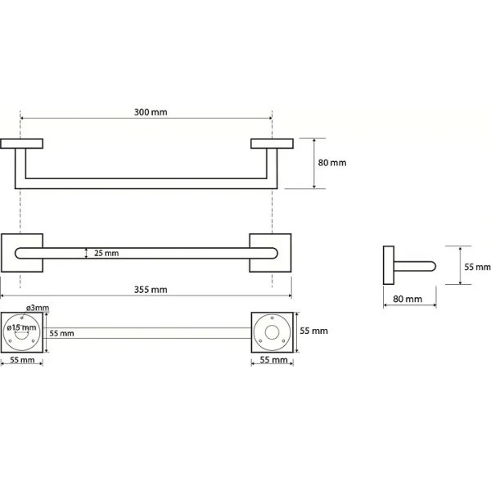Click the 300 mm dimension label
click(x=151, y=112)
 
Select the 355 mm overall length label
click(x=151, y=290)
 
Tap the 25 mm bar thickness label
click(x=106, y=253)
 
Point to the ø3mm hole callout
click(x=38, y=308)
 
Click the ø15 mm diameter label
click(x=21, y=327)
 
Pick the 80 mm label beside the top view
click(x=332, y=163)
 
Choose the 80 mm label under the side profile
click(x=408, y=299)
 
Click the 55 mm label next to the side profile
click(x=477, y=267)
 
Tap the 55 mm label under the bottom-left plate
click(x=22, y=360)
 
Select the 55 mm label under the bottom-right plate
click(x=273, y=360)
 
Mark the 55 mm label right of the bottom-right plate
click(x=313, y=331)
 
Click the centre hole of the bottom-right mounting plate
click(x=273, y=332)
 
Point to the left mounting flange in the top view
click(x=21, y=144)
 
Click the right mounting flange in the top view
click(x=273, y=144)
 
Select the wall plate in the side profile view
click(x=389, y=265)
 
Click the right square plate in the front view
click(x=270, y=253)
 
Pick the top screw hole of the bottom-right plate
click(x=273, y=318)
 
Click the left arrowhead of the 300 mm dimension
click(x=22, y=119)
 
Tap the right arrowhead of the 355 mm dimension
click(x=290, y=295)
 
